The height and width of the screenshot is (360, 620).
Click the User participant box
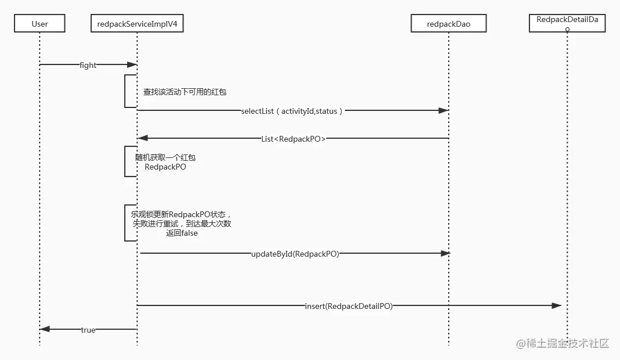tap(39, 23)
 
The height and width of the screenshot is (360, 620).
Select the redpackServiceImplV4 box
tap(137, 23)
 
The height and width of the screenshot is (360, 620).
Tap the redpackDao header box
tap(449, 23)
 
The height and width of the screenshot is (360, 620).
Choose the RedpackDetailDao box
tap(567, 23)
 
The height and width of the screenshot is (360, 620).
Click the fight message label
tap(88, 65)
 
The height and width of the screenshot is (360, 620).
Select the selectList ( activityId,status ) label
tap(292, 111)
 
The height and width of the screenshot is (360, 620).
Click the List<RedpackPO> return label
tap(293, 139)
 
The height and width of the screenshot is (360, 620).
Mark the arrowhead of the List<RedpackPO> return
tap(143, 138)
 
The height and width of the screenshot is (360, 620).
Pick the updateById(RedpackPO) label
tap(295, 254)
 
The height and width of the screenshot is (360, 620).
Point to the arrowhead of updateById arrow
tap(445, 253)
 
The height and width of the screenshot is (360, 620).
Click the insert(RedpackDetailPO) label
tap(349, 306)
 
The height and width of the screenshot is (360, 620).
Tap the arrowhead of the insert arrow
tap(557, 305)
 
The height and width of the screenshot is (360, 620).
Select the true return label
tap(88, 330)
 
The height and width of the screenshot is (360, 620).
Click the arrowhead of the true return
tap(45, 329)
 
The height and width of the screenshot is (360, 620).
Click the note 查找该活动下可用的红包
tap(185, 92)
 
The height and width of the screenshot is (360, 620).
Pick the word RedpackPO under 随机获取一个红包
tap(165, 167)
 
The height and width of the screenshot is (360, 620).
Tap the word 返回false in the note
tap(182, 233)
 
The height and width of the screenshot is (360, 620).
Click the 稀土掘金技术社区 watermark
tap(563, 343)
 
